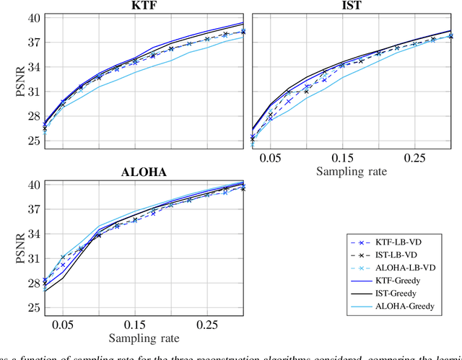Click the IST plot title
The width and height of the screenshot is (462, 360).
coord(352,6)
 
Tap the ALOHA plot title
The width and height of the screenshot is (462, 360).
coord(144,172)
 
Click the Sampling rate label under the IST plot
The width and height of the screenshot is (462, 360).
coord(352,172)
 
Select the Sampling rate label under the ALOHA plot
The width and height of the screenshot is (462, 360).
coord(144,338)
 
